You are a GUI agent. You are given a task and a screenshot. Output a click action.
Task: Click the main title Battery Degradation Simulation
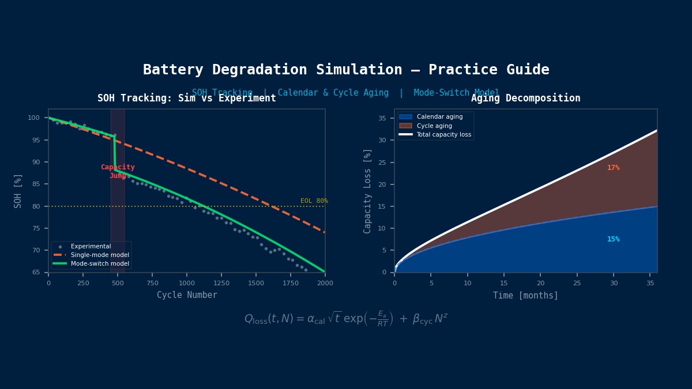point(346,70)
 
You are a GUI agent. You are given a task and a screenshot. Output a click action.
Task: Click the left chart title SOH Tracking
point(186,99)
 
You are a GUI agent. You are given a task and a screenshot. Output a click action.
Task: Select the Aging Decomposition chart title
point(525,99)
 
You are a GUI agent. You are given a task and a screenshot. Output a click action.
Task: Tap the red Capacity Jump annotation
point(118,171)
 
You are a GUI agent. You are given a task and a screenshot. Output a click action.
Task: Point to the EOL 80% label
point(314,201)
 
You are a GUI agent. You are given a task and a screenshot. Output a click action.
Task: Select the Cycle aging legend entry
point(434,126)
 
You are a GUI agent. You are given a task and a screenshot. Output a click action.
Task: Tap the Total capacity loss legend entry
point(443,134)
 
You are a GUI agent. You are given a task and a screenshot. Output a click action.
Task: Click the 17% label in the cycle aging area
point(613,168)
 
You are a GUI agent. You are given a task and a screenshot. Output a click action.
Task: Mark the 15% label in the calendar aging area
point(613,239)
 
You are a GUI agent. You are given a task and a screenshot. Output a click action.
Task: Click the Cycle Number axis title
point(187,295)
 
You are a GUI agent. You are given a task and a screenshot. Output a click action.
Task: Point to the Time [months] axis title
point(525,296)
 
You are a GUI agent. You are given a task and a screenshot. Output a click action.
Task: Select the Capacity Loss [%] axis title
point(367,191)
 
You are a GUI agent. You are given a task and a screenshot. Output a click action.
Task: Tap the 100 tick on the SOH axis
point(33,118)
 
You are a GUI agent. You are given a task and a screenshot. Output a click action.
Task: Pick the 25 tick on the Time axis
point(577,283)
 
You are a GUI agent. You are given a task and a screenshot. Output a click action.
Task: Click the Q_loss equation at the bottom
point(346,319)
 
